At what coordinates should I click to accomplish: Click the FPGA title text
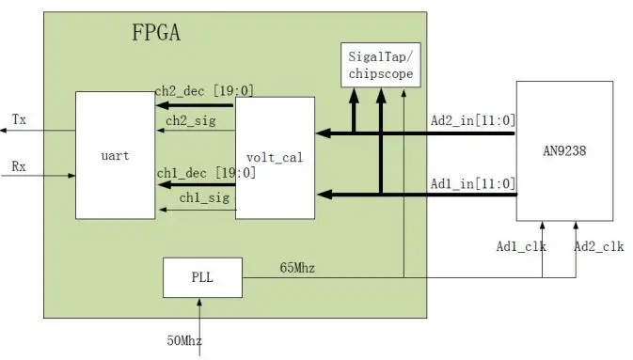click(x=156, y=36)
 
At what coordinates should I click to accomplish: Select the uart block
click(x=114, y=155)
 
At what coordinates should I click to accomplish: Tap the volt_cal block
click(x=275, y=157)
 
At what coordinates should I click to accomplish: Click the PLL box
click(x=202, y=276)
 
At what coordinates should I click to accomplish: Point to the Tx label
click(x=19, y=119)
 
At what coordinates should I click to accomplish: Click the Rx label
click(x=19, y=166)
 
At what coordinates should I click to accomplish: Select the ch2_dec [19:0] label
click(x=204, y=91)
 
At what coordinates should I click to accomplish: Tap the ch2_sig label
click(x=188, y=120)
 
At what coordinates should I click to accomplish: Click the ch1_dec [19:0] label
click(x=204, y=172)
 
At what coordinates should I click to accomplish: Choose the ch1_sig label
click(x=188, y=197)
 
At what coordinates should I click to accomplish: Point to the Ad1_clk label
click(x=520, y=247)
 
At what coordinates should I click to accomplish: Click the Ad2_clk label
click(x=598, y=247)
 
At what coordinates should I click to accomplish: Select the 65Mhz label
click(x=297, y=268)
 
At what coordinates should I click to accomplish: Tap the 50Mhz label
click(x=185, y=339)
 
